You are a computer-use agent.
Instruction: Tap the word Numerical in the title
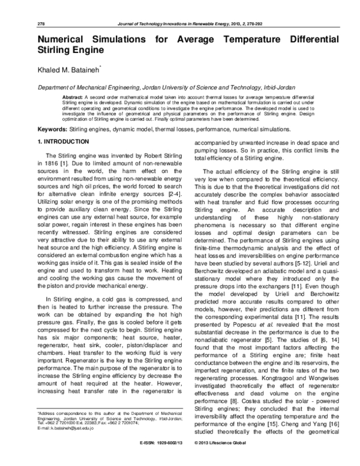coord(63,39)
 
